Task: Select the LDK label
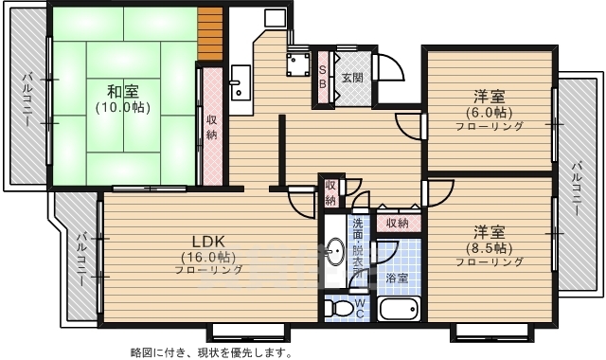[208, 241]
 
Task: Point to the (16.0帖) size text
[208, 257]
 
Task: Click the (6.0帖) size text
[489, 111]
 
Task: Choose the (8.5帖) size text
[489, 247]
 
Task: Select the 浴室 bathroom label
[397, 279]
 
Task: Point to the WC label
[360, 307]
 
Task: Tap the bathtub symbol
[398, 309]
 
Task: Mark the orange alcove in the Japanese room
[209, 31]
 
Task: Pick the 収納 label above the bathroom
[397, 224]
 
